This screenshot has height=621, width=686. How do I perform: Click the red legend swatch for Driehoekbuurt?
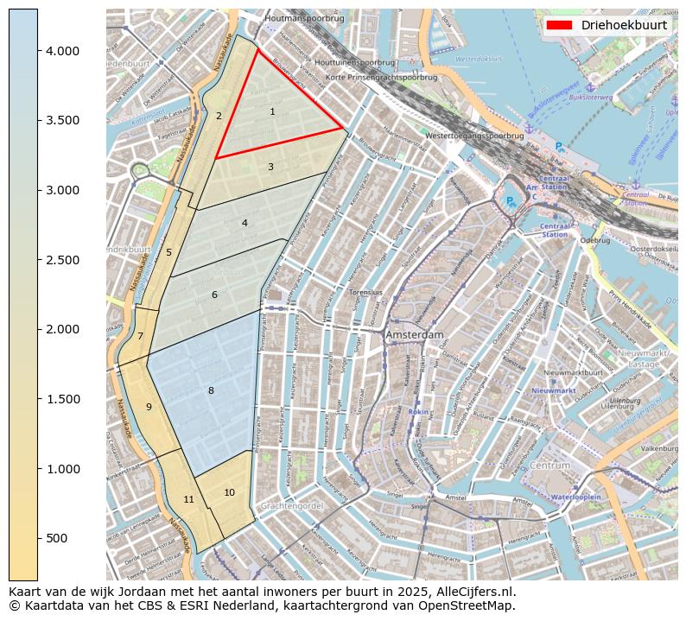coord(560,25)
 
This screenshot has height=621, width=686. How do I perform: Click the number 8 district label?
coord(211,391)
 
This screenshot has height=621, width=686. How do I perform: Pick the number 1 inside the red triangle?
coord(272,111)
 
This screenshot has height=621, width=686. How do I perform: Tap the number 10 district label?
coord(229,492)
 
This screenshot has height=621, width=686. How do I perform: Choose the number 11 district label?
coord(188,499)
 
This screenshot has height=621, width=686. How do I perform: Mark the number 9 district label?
coord(149,407)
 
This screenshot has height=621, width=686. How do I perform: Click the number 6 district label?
coord(214,295)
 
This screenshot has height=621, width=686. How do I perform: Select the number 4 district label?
coord(245,223)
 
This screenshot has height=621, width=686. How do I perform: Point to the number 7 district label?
coord(140,336)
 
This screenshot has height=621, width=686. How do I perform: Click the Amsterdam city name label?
coord(415,334)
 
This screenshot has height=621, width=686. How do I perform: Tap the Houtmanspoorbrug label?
coord(304,17)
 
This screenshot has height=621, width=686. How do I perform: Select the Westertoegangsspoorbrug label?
coord(474,136)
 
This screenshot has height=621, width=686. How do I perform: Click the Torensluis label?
coord(365,293)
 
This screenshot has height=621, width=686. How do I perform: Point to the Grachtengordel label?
coord(291,505)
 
